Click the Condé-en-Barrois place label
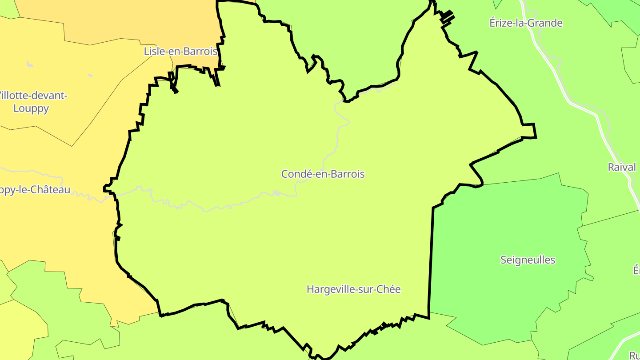coord(323,174)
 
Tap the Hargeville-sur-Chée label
coord(353,289)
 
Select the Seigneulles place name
coord(528,260)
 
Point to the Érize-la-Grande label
coord(526,23)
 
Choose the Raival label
coord(622,167)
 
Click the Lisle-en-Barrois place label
coord(180,51)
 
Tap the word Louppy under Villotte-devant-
coord(31,108)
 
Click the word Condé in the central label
coord(295,174)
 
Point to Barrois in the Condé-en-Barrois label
coord(347,174)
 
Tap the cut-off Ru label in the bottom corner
coord(635,355)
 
